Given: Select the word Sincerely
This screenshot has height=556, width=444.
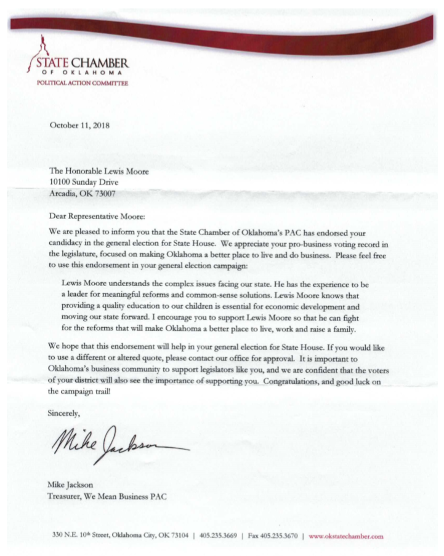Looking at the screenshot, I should click(x=64, y=413).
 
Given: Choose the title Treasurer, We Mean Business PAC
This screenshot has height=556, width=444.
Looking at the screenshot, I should click(x=107, y=496).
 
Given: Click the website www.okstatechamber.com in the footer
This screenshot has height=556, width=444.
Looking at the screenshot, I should click(x=345, y=536).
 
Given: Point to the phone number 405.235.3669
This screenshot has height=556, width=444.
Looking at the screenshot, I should click(x=220, y=536).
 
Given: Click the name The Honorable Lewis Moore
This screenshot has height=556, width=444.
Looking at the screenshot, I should click(x=99, y=172).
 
